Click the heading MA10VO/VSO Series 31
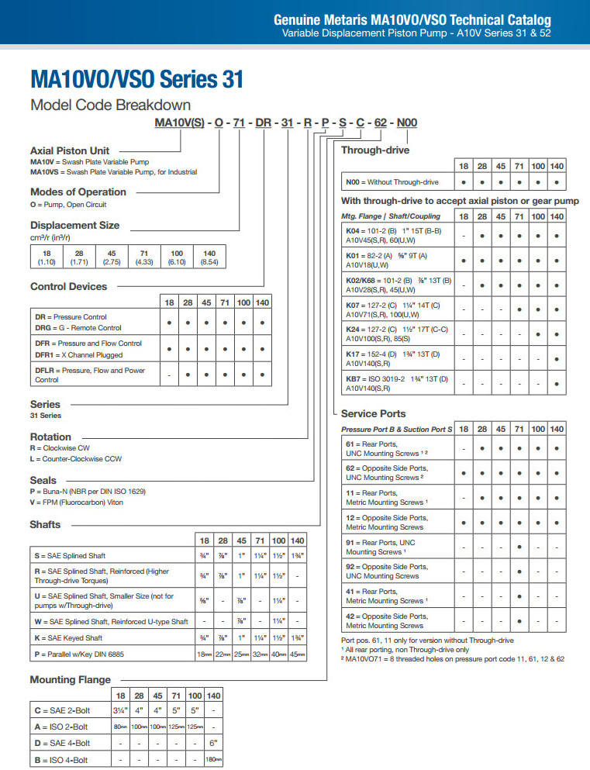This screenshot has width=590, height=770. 136,79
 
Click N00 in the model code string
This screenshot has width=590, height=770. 407,123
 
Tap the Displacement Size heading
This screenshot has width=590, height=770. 74,226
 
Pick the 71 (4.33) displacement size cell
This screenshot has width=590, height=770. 144,257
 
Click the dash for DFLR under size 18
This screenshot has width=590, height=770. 169,375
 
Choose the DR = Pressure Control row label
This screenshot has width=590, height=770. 68,317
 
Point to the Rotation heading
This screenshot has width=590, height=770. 50,437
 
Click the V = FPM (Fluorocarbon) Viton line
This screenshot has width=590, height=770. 77,502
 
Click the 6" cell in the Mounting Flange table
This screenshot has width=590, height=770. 214,743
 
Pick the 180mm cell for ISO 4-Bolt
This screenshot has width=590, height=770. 214,760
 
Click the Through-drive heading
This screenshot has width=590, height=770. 375,150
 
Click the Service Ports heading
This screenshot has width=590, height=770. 373,414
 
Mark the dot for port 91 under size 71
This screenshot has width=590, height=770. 519,547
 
